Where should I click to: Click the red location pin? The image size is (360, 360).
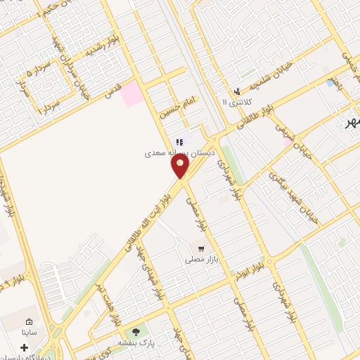coord(181,166)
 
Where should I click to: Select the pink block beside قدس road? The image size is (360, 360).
coord(131,94)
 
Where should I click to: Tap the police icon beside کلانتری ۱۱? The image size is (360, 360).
coord(237,91)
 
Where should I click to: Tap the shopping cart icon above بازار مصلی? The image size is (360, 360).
coord(202,248)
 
